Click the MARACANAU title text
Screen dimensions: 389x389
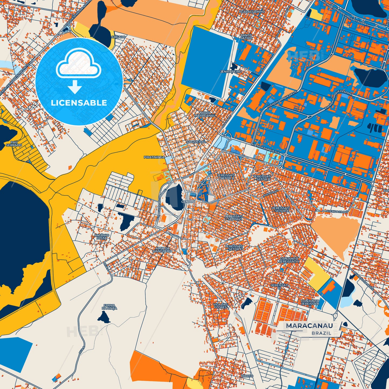309,325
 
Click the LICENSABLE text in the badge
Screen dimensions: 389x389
79,103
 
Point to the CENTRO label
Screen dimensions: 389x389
188,202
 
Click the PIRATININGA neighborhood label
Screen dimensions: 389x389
154,157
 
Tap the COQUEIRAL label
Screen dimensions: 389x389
196,142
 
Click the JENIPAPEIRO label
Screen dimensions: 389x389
231,72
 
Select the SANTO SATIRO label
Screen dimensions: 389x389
246,37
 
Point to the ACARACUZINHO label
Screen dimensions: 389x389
252,12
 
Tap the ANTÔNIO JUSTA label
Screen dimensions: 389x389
101,236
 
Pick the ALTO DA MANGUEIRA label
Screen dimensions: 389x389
162,250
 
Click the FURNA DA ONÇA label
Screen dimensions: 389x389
109,307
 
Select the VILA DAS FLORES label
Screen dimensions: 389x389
220,306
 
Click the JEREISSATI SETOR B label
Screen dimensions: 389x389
262,178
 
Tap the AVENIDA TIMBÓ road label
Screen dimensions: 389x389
337,212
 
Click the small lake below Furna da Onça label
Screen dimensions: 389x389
104,317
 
